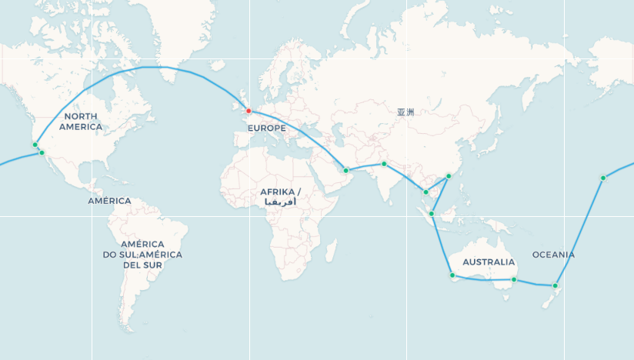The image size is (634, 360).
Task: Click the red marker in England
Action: (249, 111)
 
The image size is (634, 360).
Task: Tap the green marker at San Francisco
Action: (35, 145)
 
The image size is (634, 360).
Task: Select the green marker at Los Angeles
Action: (42, 153)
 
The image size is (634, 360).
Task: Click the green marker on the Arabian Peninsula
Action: (346, 170)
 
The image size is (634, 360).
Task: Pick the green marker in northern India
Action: (384, 164)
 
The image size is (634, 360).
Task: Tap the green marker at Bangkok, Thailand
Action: (425, 192)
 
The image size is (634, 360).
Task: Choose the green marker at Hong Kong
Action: (449, 176)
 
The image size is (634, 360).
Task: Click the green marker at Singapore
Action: (432, 214)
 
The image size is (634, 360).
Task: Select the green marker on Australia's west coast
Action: (452, 275)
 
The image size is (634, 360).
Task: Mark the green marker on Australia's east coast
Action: (514, 280)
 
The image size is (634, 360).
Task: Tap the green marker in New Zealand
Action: (556, 286)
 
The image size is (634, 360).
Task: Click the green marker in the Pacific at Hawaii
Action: (603, 178)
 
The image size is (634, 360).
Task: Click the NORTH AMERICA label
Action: (81, 121)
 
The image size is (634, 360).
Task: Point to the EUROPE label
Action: (268, 128)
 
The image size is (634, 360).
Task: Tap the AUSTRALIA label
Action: (489, 262)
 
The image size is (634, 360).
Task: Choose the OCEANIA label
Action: (553, 255)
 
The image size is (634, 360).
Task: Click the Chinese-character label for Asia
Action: (405, 112)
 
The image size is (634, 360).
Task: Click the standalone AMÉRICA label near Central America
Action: (109, 201)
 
